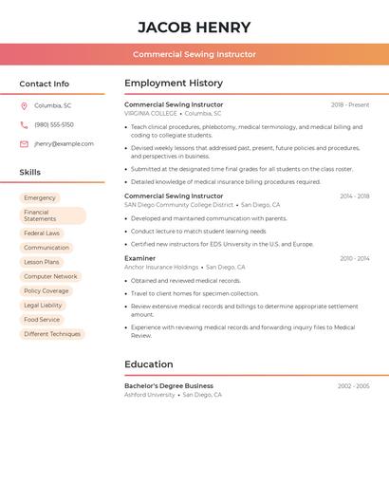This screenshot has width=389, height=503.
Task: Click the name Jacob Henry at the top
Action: tap(194, 28)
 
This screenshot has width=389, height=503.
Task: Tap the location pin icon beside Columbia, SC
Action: tap(24, 105)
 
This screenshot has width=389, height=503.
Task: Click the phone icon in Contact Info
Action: tap(24, 124)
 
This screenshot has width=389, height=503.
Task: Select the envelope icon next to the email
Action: tap(24, 144)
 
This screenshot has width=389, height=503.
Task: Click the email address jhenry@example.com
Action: tap(64, 144)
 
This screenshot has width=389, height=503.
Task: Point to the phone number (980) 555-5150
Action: tap(54, 124)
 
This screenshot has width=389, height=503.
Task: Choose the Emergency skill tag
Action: tap(40, 197)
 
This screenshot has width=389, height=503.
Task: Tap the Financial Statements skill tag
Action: tap(52, 215)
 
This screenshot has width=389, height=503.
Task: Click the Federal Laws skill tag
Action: tap(42, 233)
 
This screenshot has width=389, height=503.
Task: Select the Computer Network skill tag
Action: tap(50, 276)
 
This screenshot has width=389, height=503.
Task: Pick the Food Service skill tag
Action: tap(42, 320)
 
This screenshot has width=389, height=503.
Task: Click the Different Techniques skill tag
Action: tap(52, 334)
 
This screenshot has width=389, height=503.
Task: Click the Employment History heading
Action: tap(174, 84)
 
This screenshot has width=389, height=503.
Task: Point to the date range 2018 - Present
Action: tap(350, 104)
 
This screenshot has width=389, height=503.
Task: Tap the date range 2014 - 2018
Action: tap(354, 196)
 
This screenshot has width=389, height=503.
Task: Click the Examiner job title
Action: tap(139, 258)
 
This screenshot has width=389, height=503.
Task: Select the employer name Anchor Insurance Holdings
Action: tap(161, 268)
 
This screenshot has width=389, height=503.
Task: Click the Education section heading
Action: tap(149, 364)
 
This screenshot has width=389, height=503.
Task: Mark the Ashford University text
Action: tap(150, 395)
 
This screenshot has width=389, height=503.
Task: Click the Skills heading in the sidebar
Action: tap(30, 172)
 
